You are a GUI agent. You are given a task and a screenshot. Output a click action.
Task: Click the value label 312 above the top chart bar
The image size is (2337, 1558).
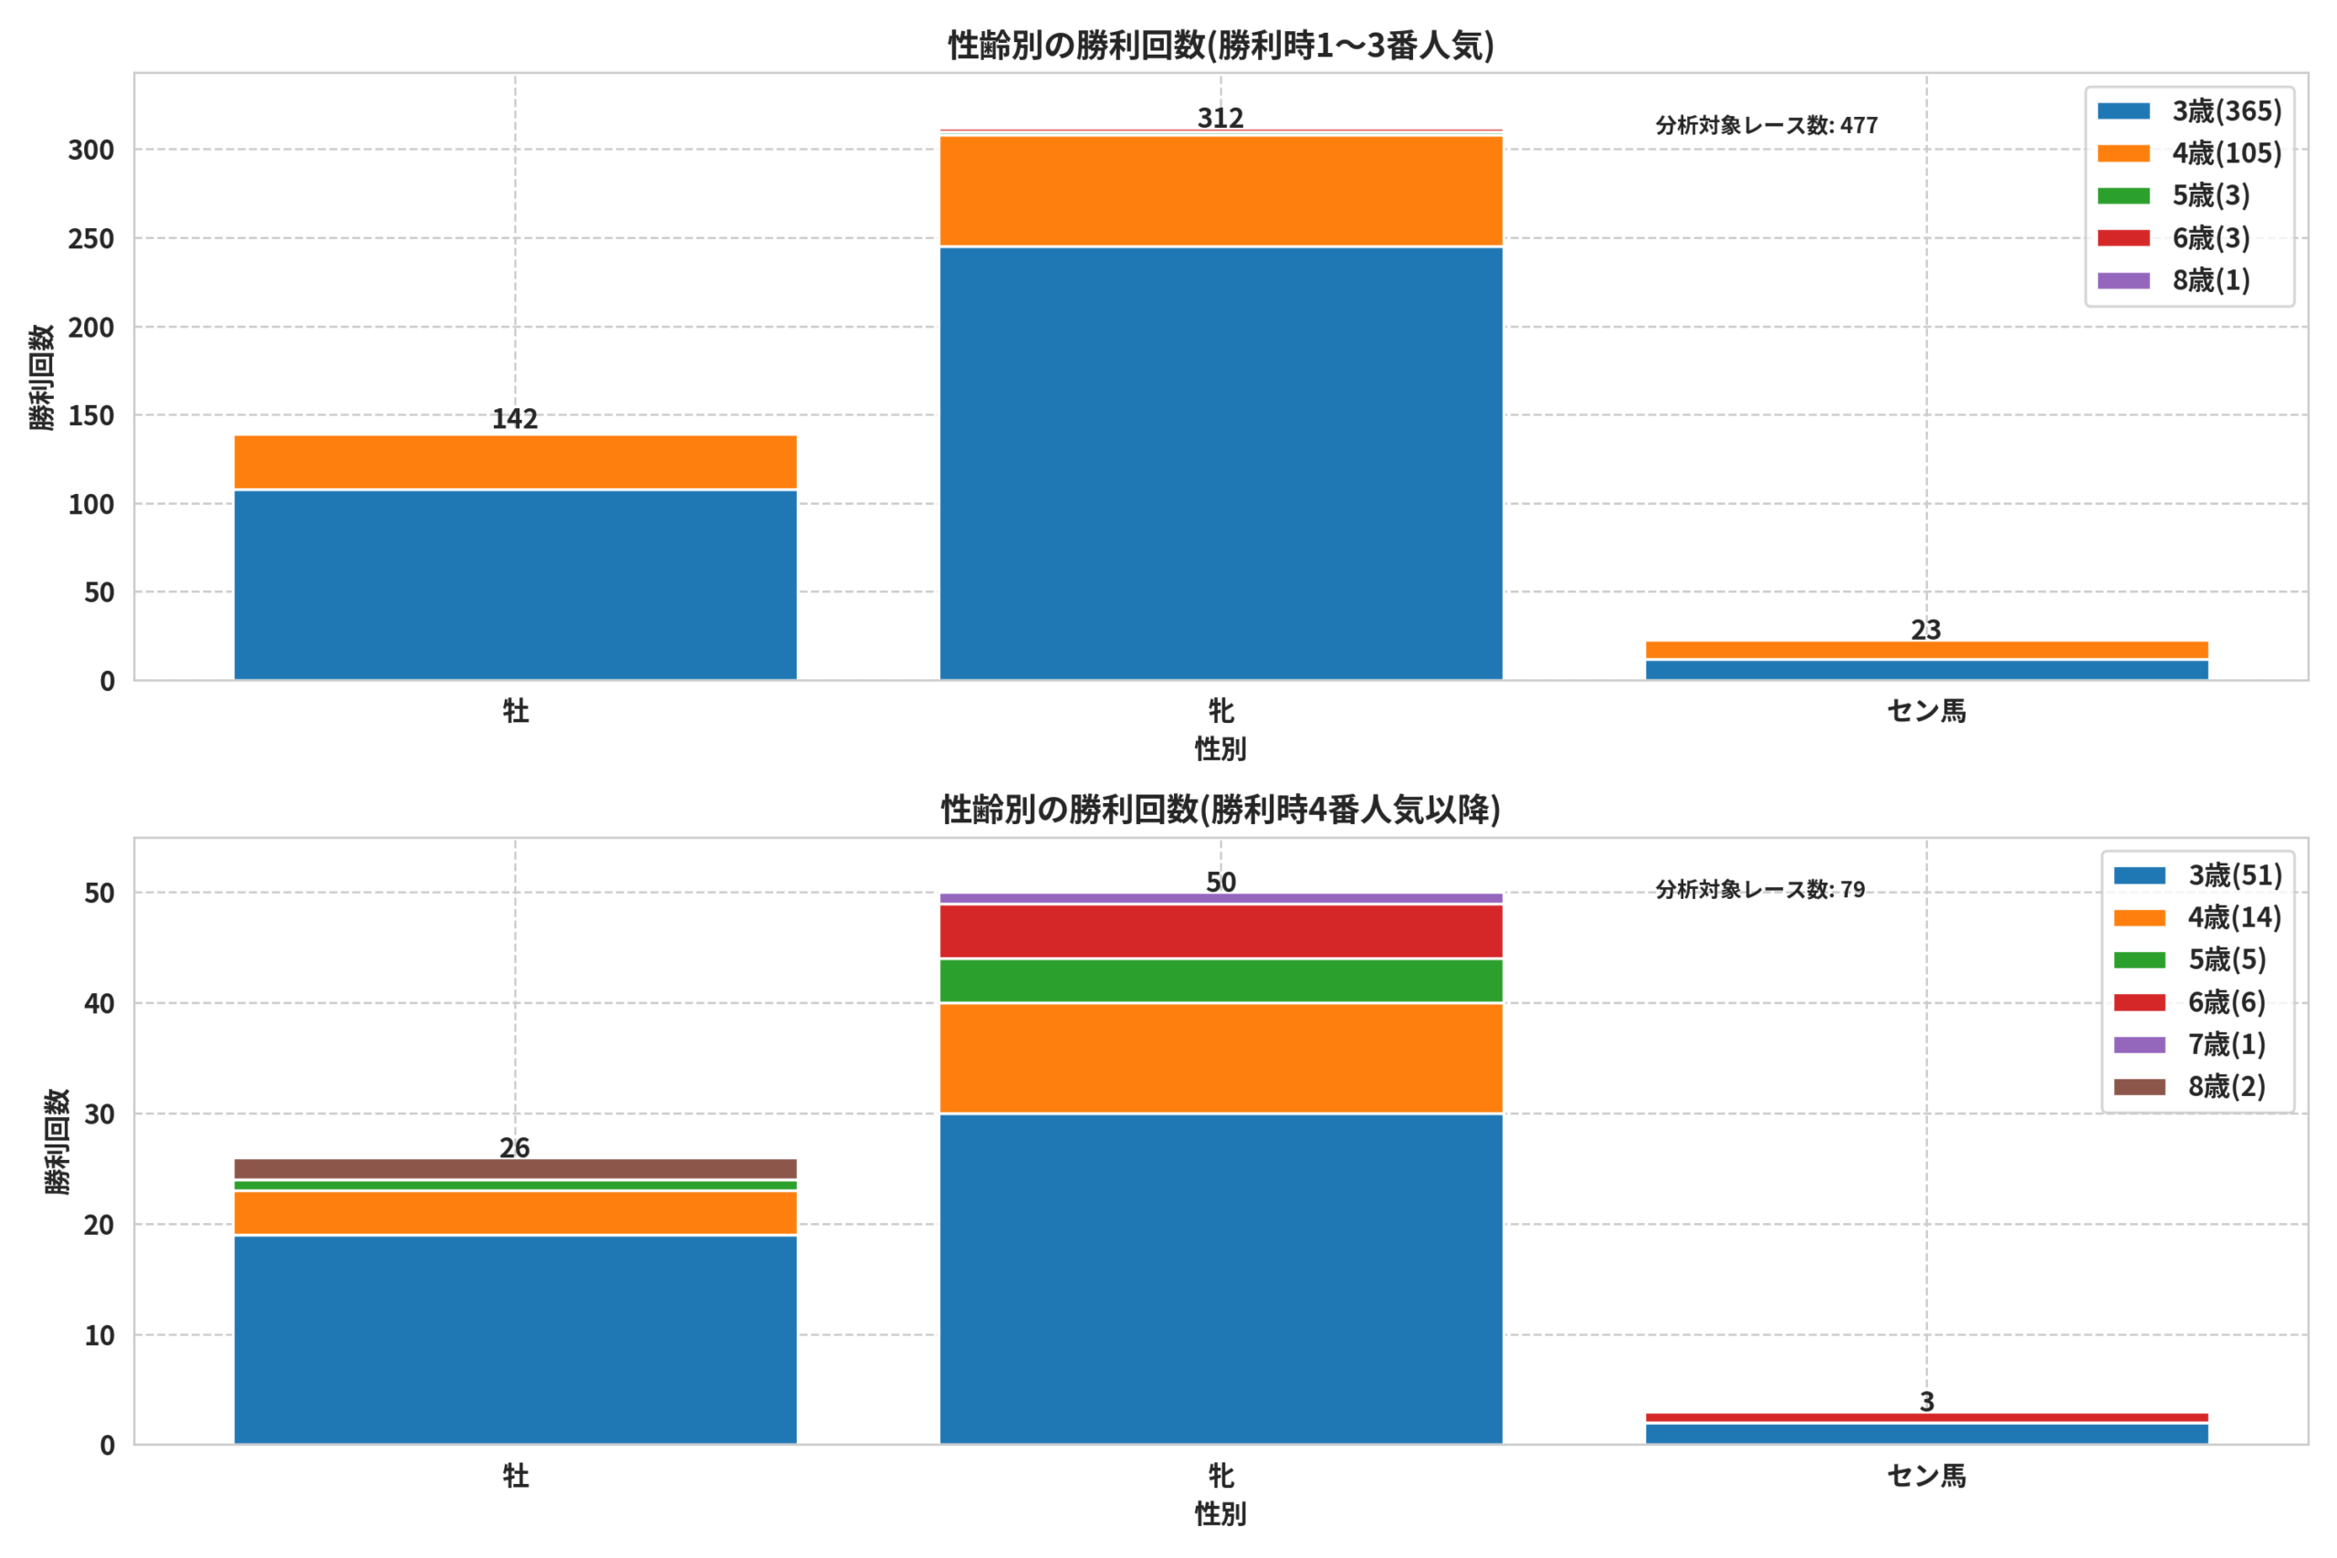point(1221,119)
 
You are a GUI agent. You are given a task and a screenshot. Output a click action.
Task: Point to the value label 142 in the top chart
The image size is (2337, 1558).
point(515,419)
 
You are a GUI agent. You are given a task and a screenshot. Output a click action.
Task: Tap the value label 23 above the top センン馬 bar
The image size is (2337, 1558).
point(1925,630)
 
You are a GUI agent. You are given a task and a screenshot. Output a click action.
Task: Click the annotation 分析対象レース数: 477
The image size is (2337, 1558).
point(1766,125)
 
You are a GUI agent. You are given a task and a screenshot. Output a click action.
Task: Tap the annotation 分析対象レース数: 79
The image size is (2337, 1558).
point(1760,889)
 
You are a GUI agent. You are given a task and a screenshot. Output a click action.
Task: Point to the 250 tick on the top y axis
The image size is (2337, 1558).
point(91,238)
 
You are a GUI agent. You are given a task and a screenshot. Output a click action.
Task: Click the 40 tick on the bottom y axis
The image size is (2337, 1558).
point(100,1004)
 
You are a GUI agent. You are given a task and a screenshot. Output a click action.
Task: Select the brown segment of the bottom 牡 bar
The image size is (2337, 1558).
point(515,1168)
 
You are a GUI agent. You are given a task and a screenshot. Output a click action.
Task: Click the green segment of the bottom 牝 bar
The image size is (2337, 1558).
point(1221,980)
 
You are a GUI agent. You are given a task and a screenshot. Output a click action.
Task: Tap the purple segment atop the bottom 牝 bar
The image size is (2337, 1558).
point(1221,898)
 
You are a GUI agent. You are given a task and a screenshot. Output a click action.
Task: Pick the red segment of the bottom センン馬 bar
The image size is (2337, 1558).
point(1926,1418)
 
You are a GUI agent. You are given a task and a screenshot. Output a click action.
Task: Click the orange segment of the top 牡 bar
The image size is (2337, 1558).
point(515,462)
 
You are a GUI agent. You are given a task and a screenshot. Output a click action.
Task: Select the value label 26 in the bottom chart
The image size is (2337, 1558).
point(515,1148)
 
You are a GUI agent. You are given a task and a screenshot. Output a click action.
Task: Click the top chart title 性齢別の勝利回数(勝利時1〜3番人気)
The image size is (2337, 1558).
point(1221,46)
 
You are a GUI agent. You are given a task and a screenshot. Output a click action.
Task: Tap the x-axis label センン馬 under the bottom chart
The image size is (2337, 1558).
point(1926,1477)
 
